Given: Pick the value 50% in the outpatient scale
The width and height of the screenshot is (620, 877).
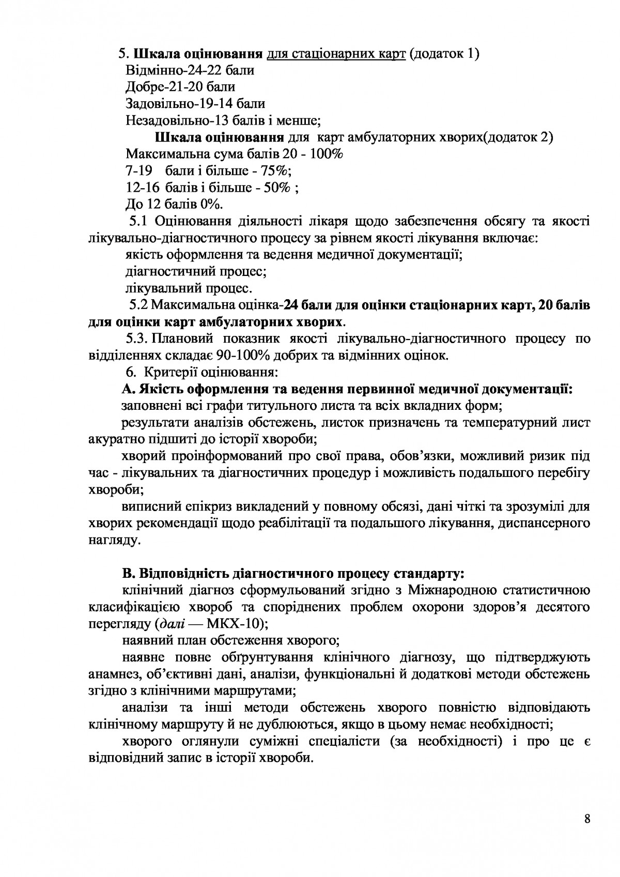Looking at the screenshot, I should [x=276, y=188].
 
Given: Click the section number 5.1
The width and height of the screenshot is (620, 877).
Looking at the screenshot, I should [x=138, y=222].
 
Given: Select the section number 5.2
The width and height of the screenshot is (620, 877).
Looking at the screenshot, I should [x=140, y=305].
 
